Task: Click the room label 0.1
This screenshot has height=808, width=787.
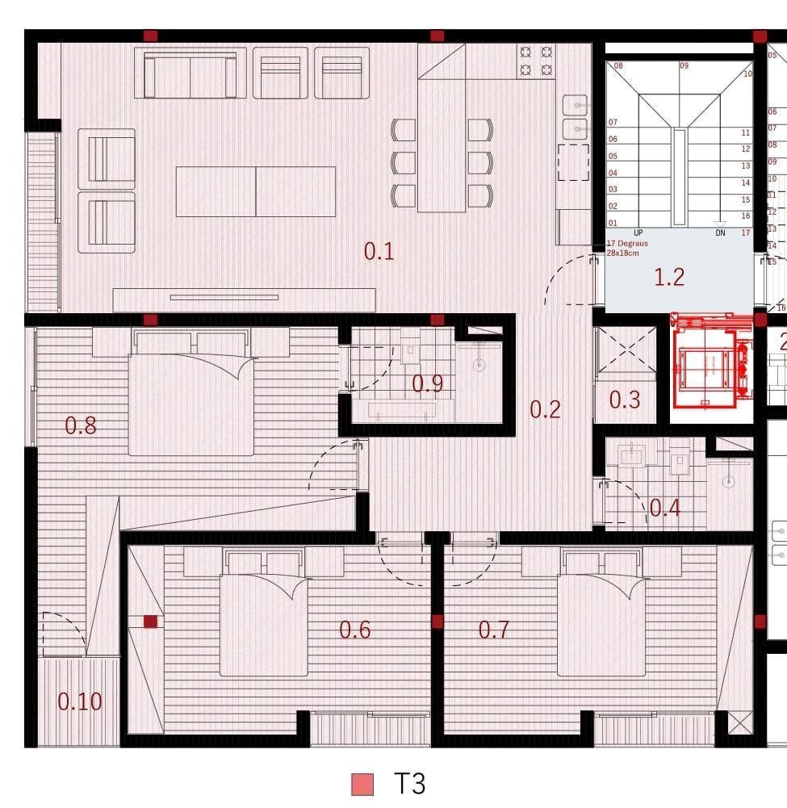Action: point(379,251)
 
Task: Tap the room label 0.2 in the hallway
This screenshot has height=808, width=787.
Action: point(545,409)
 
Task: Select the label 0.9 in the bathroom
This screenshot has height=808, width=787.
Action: point(427,383)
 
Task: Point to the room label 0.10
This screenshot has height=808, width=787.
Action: point(80,701)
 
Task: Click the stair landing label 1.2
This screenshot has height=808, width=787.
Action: point(669,277)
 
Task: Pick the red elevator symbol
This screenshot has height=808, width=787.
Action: point(711,363)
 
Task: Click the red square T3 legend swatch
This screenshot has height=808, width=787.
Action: point(362,784)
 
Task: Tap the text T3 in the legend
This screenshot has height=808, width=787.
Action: point(408,784)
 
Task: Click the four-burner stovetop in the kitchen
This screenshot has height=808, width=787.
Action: point(537,61)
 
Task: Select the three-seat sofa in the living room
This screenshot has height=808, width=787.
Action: point(190,74)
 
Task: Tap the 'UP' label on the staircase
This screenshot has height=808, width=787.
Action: point(638,232)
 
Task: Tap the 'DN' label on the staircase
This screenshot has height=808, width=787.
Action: point(720,232)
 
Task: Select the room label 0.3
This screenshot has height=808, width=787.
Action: point(624,399)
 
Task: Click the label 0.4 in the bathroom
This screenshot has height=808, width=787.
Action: point(665,508)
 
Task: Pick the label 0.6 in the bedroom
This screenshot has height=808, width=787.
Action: point(354,630)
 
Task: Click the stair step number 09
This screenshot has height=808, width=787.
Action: point(684,65)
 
